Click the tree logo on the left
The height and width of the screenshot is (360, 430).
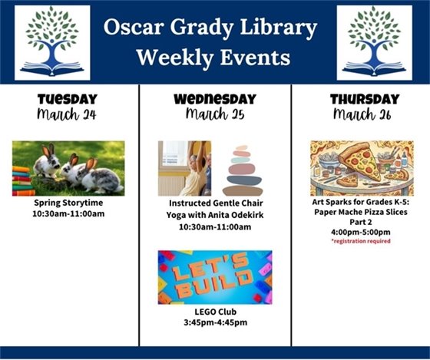pos(52,42)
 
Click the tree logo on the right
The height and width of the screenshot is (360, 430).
pos(374,42)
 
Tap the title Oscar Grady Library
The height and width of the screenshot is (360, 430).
pos(210,28)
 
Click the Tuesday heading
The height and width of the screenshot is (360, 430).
pos(68,99)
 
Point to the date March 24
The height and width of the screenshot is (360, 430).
pos(68,114)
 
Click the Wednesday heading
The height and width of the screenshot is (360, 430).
pos(214,99)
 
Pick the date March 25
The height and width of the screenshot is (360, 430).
pos(214,114)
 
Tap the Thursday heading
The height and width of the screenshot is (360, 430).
pos(365,99)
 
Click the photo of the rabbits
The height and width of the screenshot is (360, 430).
pos(68,168)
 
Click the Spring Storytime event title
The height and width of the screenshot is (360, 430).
pos(68,203)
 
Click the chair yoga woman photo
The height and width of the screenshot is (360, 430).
pos(184,168)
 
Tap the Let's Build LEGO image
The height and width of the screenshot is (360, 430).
pos(214,277)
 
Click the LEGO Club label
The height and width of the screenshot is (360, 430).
pos(214,312)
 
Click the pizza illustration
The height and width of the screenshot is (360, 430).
pos(361,168)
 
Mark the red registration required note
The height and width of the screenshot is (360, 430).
pos(361,241)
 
